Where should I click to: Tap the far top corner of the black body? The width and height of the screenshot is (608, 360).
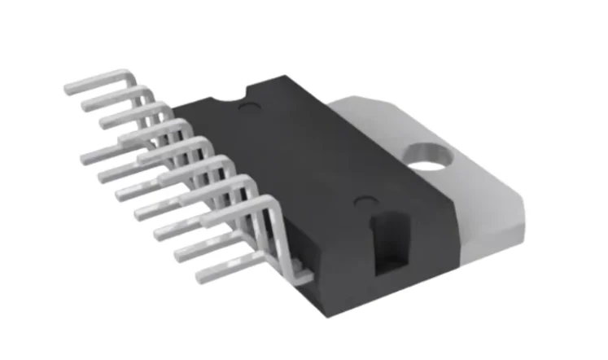click(265, 81)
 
